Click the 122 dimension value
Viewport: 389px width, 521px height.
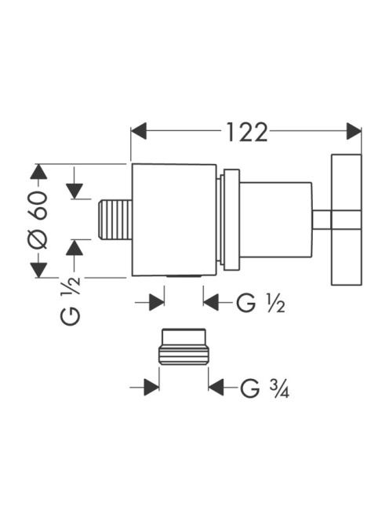pos(246,133)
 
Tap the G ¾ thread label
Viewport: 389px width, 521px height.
pos(265,388)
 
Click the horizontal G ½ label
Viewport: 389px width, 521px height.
pos(260,302)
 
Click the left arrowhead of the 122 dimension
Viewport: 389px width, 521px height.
pos(139,131)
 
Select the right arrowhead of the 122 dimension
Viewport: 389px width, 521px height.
pos(354,131)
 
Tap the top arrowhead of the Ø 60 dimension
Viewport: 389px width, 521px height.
pos(39,172)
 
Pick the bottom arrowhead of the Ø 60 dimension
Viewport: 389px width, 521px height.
pos(39,270)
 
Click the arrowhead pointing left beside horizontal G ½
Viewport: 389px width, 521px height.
pos(211,302)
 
